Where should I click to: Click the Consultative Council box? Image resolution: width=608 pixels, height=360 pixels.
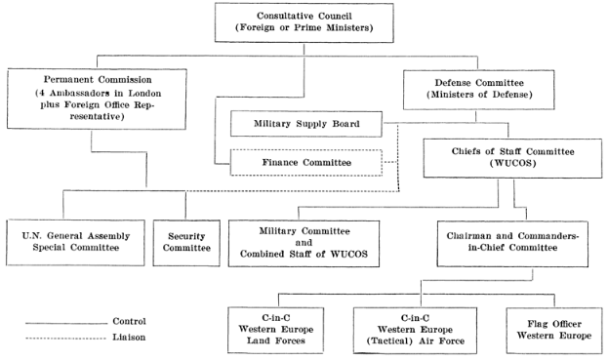pos(304,22)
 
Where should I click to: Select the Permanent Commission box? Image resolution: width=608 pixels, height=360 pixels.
pos(89,99)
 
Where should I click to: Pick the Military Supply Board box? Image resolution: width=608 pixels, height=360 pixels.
pos(304,123)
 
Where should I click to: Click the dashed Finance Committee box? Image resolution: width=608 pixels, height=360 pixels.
pos(304,159)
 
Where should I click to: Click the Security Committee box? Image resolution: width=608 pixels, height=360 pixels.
pos(186,240)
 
